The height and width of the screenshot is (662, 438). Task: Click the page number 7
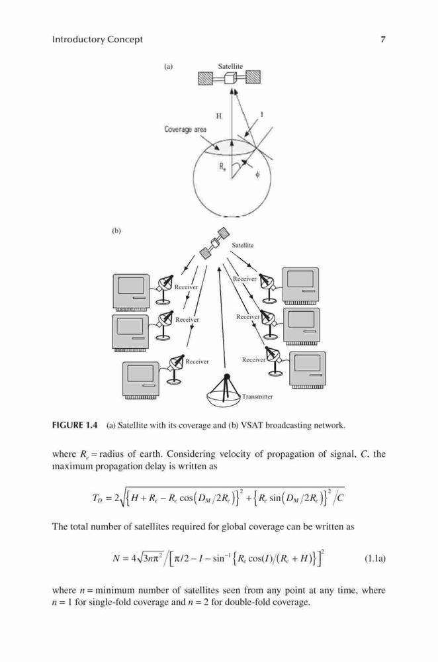[x=382, y=40]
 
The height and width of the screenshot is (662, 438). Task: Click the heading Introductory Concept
[x=97, y=40]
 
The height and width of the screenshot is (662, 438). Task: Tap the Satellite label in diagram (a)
[x=230, y=66]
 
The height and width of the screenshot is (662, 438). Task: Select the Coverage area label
[x=185, y=129]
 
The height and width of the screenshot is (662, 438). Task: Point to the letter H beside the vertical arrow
[x=218, y=116]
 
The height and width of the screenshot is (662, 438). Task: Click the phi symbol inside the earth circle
[x=257, y=174]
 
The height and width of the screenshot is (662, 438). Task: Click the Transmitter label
[x=257, y=397]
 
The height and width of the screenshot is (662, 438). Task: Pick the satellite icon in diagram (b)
[x=214, y=242]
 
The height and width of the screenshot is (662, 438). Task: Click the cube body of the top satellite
[x=230, y=79]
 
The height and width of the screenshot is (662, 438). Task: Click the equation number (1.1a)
[x=374, y=559]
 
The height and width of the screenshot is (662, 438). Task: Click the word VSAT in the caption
[x=252, y=425]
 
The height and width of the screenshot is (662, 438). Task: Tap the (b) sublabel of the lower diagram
[x=116, y=231]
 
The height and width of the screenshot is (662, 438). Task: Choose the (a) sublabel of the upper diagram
[x=168, y=66]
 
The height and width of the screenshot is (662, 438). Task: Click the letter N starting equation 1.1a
[x=116, y=559]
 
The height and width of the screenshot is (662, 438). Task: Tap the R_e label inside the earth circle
[x=222, y=167]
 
